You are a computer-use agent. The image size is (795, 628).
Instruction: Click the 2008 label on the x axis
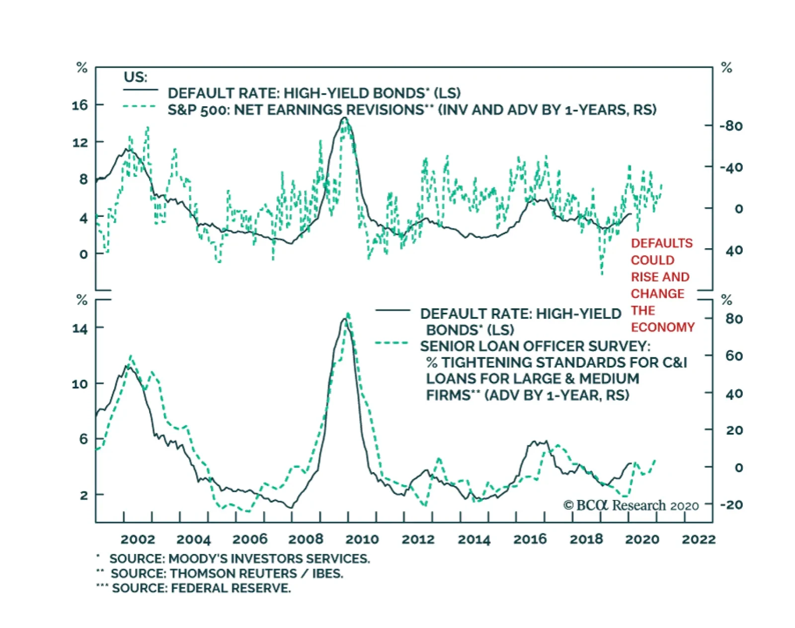coord(306,539)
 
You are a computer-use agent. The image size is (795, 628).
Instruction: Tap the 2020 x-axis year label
coord(642,539)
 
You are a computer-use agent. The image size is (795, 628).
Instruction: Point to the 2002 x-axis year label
coord(138,539)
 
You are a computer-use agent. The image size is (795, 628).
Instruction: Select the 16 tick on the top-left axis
coord(79,105)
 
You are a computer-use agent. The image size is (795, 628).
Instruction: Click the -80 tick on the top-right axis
coord(731,126)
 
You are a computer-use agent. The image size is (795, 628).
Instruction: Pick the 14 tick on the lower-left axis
coord(79,328)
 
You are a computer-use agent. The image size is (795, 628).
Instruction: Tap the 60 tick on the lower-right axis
coord(734,356)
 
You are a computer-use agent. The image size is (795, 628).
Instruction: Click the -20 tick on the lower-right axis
coord(731,505)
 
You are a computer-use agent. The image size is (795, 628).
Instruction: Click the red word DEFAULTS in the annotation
coord(661,243)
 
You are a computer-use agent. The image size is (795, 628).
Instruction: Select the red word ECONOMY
coord(662,327)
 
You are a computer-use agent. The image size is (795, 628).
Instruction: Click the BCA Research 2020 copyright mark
coord(631,505)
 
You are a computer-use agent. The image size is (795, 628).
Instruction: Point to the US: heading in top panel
coord(135,77)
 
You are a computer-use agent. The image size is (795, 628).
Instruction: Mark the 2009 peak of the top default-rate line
coord(344,118)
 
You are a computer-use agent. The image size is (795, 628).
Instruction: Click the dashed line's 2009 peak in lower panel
coord(348,314)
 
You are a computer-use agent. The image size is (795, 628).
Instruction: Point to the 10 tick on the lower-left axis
coord(79,384)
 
